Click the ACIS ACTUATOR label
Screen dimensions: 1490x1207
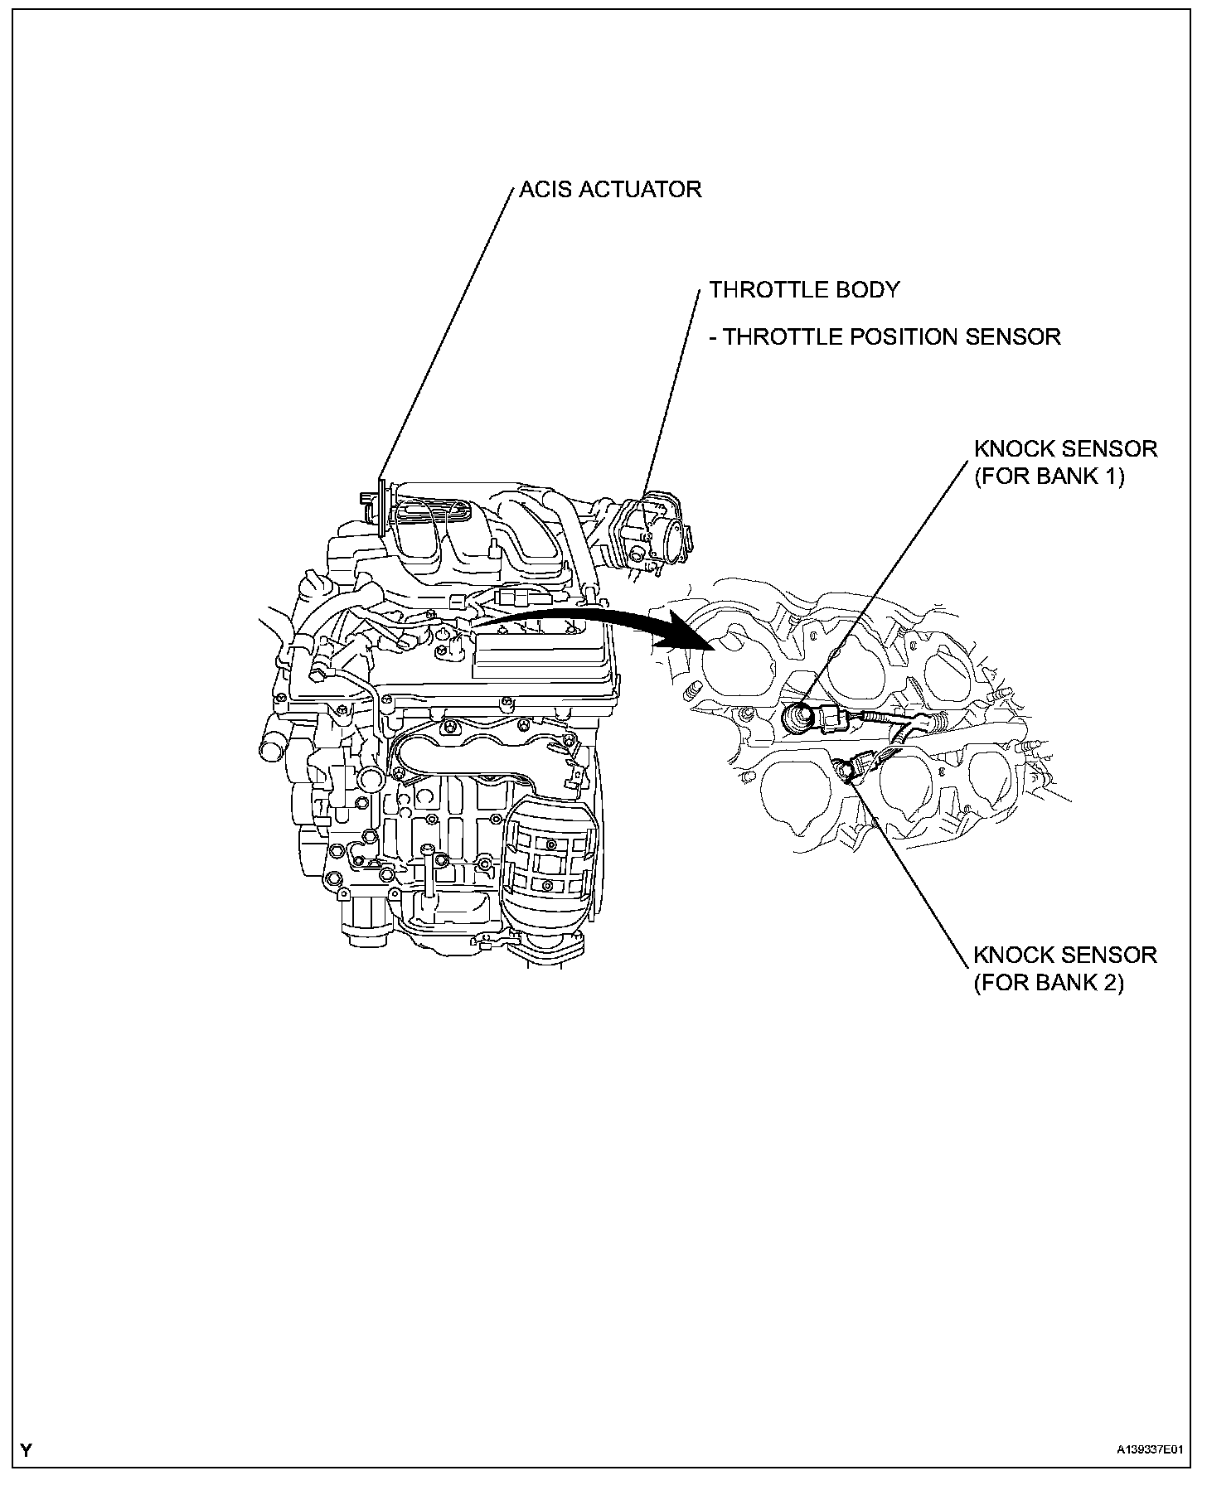click(x=610, y=190)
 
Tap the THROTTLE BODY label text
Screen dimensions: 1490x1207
click(x=804, y=290)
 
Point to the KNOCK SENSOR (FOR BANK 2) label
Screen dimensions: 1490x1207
click(x=1065, y=968)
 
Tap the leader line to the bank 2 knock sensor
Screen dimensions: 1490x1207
click(x=912, y=870)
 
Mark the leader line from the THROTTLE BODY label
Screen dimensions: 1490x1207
click(x=671, y=398)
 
